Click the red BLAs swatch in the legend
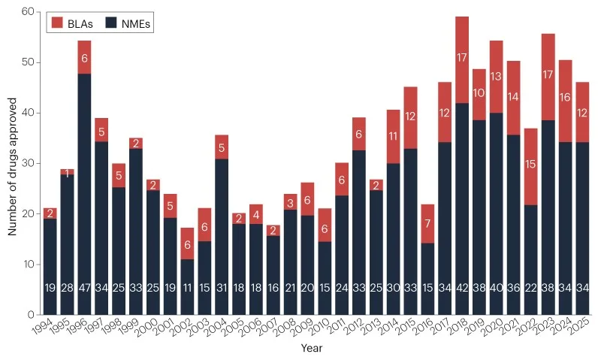(56, 23)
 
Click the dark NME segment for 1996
(83, 188)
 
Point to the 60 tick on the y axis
(27, 12)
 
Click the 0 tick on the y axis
(30, 314)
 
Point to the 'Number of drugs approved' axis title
(13, 162)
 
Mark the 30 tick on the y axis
(27, 163)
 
